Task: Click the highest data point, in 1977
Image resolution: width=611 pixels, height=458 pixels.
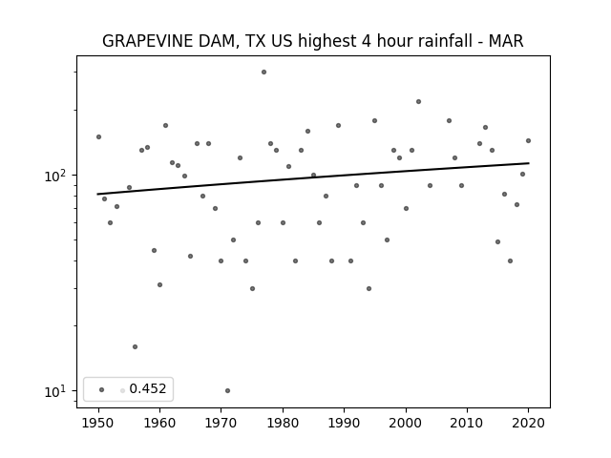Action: click(x=263, y=73)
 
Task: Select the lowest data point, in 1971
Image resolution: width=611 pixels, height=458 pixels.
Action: click(x=227, y=390)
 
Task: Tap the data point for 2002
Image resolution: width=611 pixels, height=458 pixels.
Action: click(x=418, y=102)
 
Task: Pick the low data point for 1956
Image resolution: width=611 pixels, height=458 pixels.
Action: click(x=135, y=346)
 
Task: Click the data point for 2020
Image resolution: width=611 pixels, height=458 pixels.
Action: click(x=528, y=140)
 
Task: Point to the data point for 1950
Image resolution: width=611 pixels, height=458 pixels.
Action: click(x=98, y=136)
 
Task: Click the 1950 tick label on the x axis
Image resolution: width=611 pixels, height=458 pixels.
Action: click(x=98, y=423)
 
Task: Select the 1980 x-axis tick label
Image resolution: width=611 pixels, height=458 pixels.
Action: click(x=283, y=423)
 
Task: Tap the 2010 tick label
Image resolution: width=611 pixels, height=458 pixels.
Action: click(x=467, y=423)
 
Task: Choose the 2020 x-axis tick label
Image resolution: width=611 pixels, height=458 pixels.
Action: click(x=528, y=423)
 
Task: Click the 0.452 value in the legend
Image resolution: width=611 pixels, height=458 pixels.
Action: click(x=148, y=388)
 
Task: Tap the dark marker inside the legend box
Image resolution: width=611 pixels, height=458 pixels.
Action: click(x=102, y=389)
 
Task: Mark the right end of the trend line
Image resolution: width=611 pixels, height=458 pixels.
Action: click(x=529, y=163)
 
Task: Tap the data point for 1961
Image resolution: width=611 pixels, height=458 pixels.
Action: click(x=165, y=125)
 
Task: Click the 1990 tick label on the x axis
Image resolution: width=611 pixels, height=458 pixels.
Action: click(x=344, y=423)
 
